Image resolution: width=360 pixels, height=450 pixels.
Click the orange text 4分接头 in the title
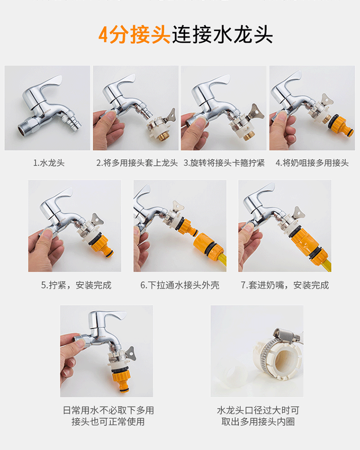point(134,35)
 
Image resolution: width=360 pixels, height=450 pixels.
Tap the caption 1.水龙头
point(49,163)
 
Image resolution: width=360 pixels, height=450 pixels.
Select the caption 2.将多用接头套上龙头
point(137,163)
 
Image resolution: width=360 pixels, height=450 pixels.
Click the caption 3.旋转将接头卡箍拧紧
point(224,163)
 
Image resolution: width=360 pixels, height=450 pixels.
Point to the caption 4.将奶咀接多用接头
point(312,163)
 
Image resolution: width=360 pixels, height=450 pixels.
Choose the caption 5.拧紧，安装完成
point(76,285)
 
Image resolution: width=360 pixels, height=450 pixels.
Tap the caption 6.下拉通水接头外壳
point(180,285)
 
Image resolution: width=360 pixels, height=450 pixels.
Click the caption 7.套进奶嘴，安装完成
point(285,285)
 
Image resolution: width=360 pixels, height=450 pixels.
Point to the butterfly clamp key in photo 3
point(256,112)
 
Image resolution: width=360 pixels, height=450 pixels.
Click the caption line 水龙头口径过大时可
point(258,410)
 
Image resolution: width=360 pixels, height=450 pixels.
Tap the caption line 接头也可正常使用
point(108,422)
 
